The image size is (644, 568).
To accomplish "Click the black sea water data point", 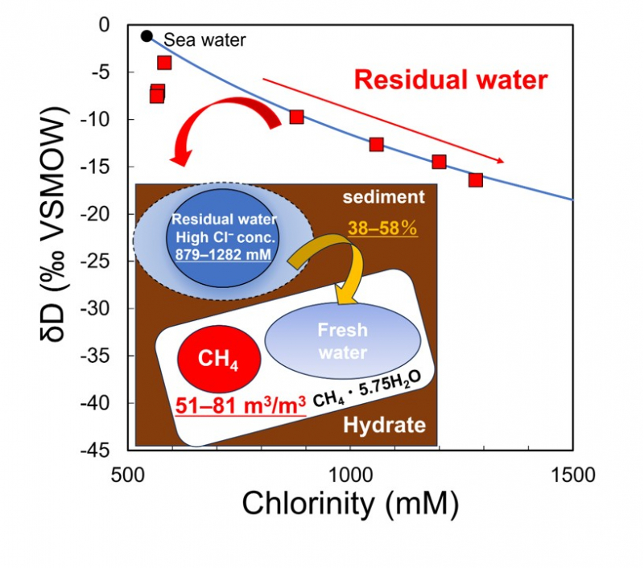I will pos(146,35).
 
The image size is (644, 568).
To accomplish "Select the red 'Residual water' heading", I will pos(451,80).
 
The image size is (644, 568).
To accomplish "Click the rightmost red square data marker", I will pos(475,179).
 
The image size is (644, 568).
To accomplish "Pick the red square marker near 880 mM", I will pos(296,117).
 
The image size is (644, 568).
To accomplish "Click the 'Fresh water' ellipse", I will pos(341,342).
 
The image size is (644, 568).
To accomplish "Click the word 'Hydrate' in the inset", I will pos(384,424).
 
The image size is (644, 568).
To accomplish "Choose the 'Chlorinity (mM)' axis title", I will pos(349,504).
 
